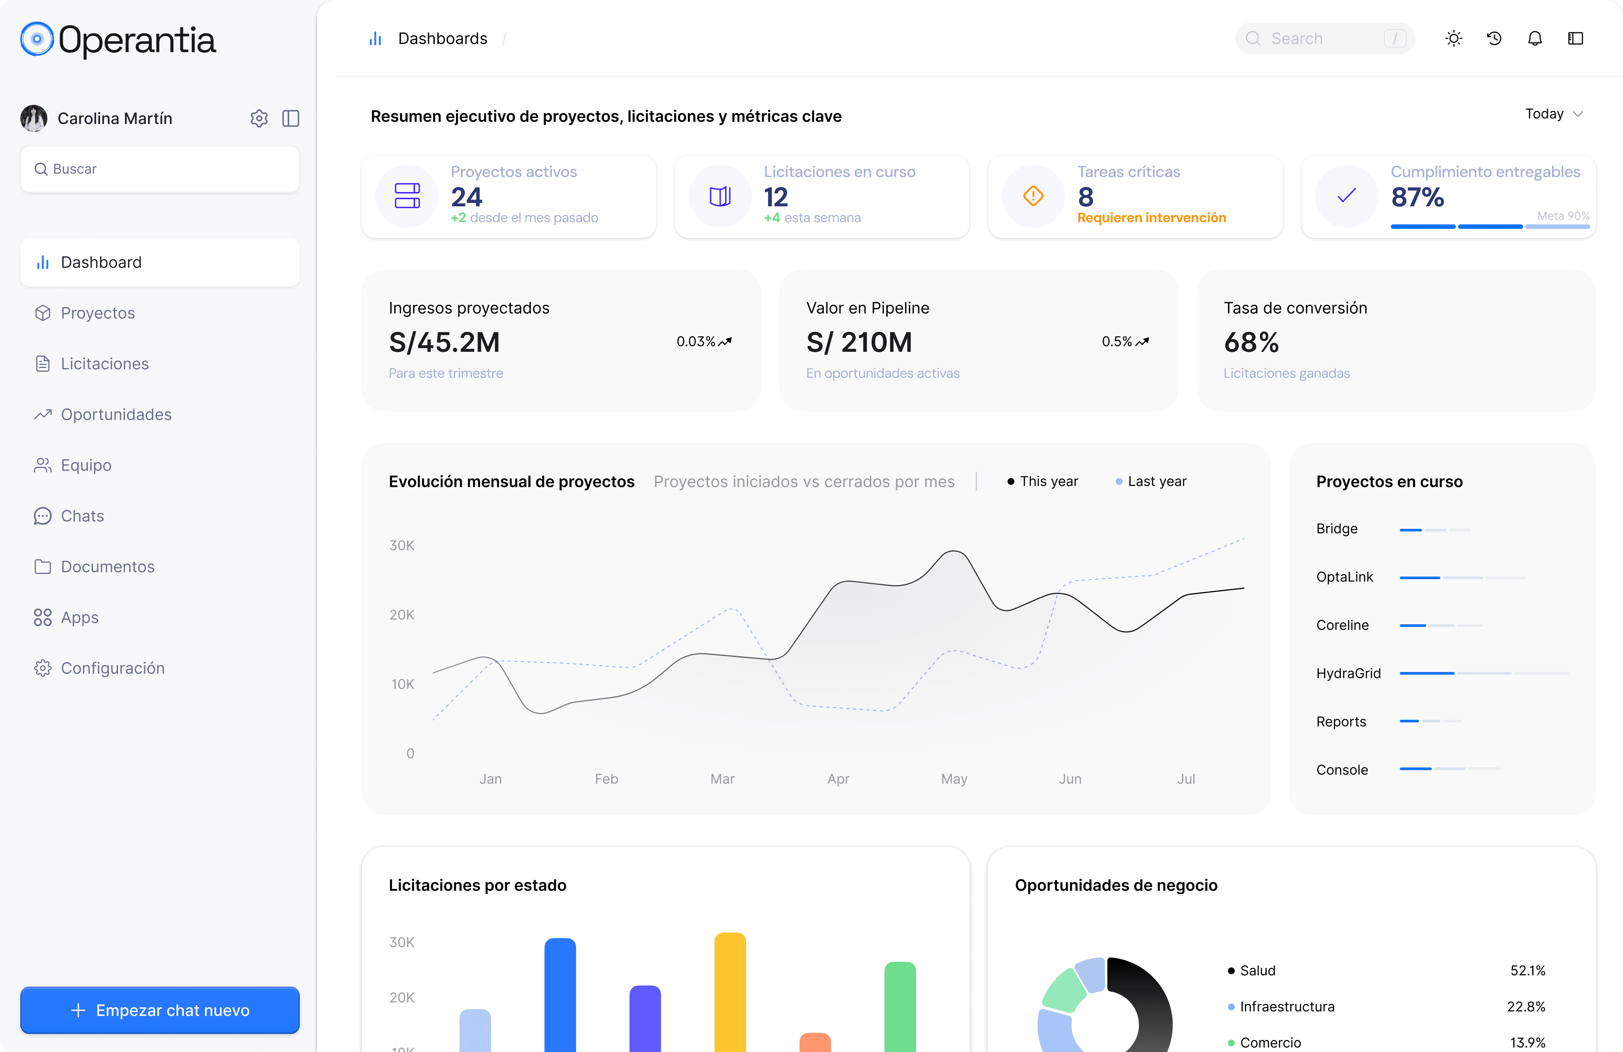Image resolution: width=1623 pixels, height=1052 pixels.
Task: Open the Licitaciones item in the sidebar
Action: pos(104,363)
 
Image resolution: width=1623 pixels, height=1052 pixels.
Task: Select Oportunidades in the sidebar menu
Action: pos(116,414)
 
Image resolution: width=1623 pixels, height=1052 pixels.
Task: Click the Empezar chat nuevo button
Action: pos(160,1010)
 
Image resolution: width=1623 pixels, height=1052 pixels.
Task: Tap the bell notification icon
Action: pos(1534,39)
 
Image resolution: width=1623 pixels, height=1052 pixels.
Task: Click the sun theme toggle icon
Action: pos(1453,39)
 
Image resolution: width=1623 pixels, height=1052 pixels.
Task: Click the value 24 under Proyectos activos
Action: pos(467,197)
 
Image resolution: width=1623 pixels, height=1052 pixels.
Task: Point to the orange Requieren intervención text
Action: pos(1151,218)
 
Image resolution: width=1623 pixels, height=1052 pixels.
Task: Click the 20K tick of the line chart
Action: pos(402,615)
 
